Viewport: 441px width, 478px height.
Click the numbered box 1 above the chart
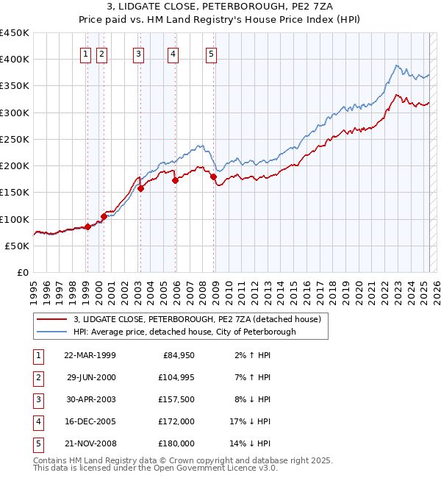pyautogui.click(x=86, y=53)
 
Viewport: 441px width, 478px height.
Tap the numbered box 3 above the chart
pyautogui.click(x=138, y=53)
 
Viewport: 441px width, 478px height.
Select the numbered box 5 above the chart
pyautogui.click(x=211, y=53)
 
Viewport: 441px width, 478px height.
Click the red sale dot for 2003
pyautogui.click(x=140, y=188)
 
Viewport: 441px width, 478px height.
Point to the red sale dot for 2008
pyautogui.click(x=213, y=176)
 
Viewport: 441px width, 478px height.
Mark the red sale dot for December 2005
pyautogui.click(x=175, y=180)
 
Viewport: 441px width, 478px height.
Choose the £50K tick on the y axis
pyautogui.click(x=18, y=246)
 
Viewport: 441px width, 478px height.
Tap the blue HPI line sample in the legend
pyautogui.click(x=52, y=332)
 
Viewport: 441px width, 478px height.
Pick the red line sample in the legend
pyautogui.click(x=52, y=319)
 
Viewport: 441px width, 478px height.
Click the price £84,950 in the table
pyautogui.click(x=177, y=355)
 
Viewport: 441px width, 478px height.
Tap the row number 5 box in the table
pyautogui.click(x=37, y=443)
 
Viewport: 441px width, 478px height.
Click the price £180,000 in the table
pyautogui.click(x=176, y=443)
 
